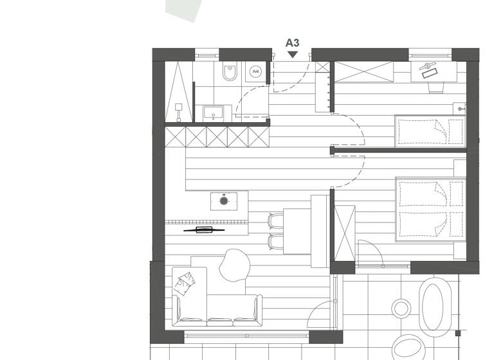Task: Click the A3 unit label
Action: (x=292, y=43)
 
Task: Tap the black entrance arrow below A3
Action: (x=293, y=55)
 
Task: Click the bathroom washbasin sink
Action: (x=213, y=113)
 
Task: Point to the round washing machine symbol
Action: (x=256, y=72)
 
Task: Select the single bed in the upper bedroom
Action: (x=429, y=131)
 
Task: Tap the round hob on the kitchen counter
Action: (x=224, y=201)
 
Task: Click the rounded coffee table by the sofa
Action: (x=235, y=264)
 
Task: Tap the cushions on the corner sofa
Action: (x=185, y=281)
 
